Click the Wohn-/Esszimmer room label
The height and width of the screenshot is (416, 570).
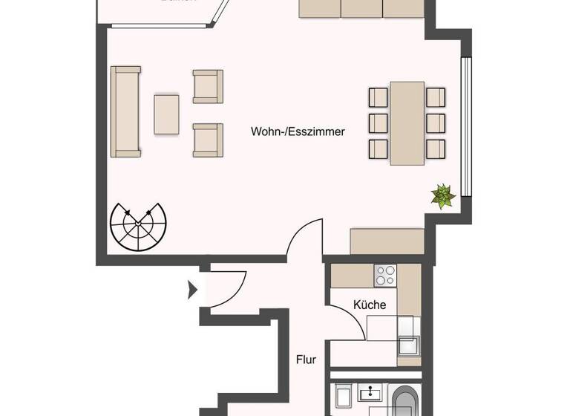pyautogui.click(x=298, y=131)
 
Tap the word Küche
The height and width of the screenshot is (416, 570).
pyautogui.click(x=369, y=305)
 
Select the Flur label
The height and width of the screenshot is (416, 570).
pyautogui.click(x=306, y=360)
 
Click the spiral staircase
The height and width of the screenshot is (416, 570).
pyautogui.click(x=139, y=227)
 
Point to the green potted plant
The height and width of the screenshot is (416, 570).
pyautogui.click(x=443, y=196)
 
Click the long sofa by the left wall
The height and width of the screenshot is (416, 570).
pyautogui.click(x=125, y=111)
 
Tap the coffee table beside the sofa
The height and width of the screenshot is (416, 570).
pyautogui.click(x=167, y=114)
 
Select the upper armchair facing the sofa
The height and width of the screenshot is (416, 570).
pyautogui.click(x=208, y=86)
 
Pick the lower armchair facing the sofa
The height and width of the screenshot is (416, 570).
pyautogui.click(x=208, y=140)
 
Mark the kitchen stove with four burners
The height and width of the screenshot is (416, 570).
pyautogui.click(x=385, y=276)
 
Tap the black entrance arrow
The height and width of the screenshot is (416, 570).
pyautogui.click(x=193, y=289)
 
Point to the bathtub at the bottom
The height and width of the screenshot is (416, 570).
pyautogui.click(x=405, y=401)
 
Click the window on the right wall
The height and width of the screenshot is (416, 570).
pyautogui.click(x=466, y=131)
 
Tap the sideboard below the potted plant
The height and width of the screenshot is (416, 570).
pyautogui.click(x=387, y=241)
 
